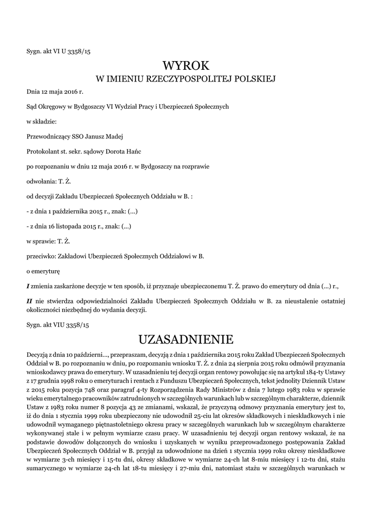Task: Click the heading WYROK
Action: pos(186,65)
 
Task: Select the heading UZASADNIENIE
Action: pos(186,339)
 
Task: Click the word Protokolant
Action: pos(43,151)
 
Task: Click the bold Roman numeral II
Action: pos(30,300)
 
